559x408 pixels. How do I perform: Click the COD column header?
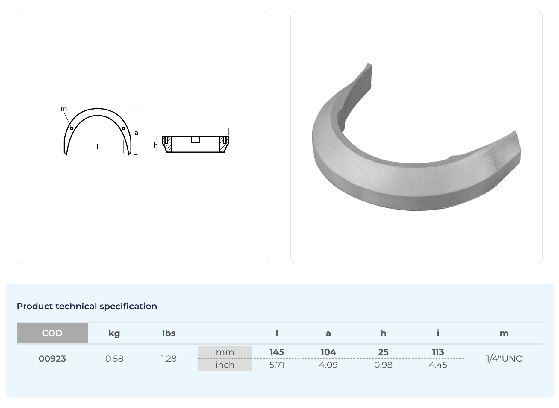(x=52, y=333)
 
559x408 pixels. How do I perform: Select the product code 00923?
(x=52, y=359)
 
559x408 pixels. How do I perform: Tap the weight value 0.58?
(x=114, y=359)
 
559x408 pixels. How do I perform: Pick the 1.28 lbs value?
(x=169, y=359)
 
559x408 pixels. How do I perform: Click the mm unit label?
(x=225, y=352)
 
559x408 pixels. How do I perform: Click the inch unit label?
(x=225, y=365)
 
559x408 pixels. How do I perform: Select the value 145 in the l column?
(x=277, y=352)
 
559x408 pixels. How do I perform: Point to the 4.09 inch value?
(x=328, y=365)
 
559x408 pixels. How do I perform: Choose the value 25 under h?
(x=383, y=352)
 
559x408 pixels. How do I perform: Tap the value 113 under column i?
(x=438, y=352)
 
